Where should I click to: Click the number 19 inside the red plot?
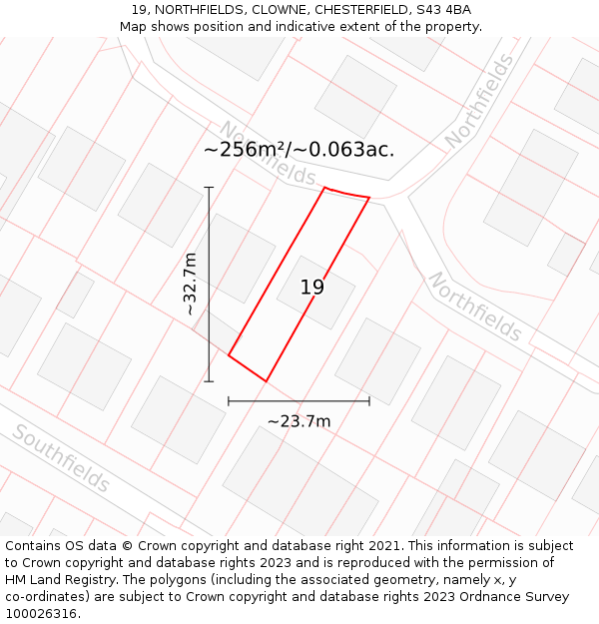click(x=312, y=288)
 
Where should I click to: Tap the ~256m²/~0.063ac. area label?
click(x=299, y=150)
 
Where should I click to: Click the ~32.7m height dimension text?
click(x=190, y=285)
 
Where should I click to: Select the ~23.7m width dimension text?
click(x=299, y=421)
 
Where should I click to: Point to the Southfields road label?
click(x=62, y=459)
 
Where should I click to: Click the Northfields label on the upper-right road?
click(x=480, y=102)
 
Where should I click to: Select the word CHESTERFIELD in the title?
click(x=345, y=10)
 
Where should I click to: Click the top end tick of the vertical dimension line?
click(x=209, y=187)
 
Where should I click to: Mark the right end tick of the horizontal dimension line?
click(x=369, y=401)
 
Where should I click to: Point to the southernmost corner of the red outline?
click(x=267, y=380)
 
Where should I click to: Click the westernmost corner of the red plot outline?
click(x=229, y=354)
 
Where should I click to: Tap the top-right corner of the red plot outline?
click(x=369, y=198)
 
